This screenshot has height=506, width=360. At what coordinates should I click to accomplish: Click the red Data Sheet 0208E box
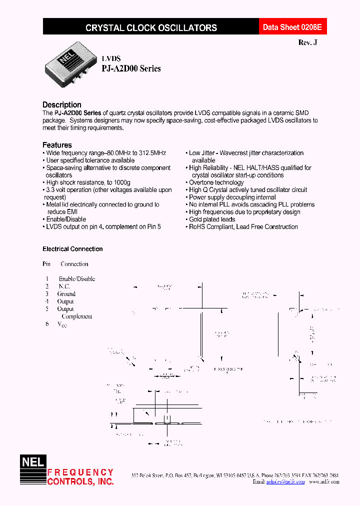288,28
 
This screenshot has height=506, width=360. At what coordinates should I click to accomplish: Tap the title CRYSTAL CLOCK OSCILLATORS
151,28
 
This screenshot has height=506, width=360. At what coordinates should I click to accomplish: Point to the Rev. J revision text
307,43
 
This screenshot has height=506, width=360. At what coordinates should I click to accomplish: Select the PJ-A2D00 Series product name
131,69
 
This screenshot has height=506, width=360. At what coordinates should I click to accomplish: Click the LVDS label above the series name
111,58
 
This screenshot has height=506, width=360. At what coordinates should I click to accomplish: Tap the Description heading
62,104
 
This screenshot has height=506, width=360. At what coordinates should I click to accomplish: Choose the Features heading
57,145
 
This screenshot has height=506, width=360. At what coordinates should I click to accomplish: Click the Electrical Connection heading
72,249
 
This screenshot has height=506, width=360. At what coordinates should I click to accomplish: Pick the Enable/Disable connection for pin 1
77,279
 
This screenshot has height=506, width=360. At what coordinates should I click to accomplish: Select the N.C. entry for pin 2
64,286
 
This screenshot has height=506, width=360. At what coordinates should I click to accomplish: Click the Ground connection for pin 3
66,294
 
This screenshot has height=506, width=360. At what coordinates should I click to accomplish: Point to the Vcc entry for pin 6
62,324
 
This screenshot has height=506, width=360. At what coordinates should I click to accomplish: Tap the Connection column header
74,264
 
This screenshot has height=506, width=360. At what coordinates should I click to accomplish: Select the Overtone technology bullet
216,182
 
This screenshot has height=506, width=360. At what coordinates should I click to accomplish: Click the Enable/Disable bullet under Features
65,219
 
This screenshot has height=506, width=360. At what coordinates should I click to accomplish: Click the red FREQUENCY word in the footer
80,472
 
